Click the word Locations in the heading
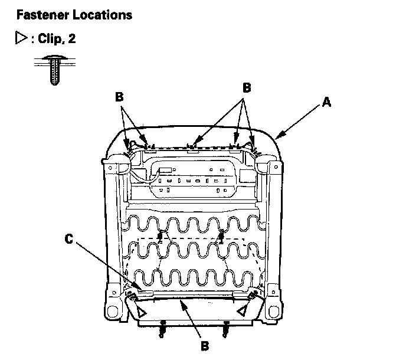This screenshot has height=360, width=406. pos(104,15)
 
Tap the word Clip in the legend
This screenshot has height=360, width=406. pos(50,39)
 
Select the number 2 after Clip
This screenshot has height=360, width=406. pos(72,39)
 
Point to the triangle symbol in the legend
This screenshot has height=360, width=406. pos(20,39)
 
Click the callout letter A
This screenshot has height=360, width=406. pos(326,103)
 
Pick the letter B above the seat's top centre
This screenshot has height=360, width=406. pos(247,87)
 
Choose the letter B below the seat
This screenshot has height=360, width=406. pos(204,346)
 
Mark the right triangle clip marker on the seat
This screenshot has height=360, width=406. pos(242,310)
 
